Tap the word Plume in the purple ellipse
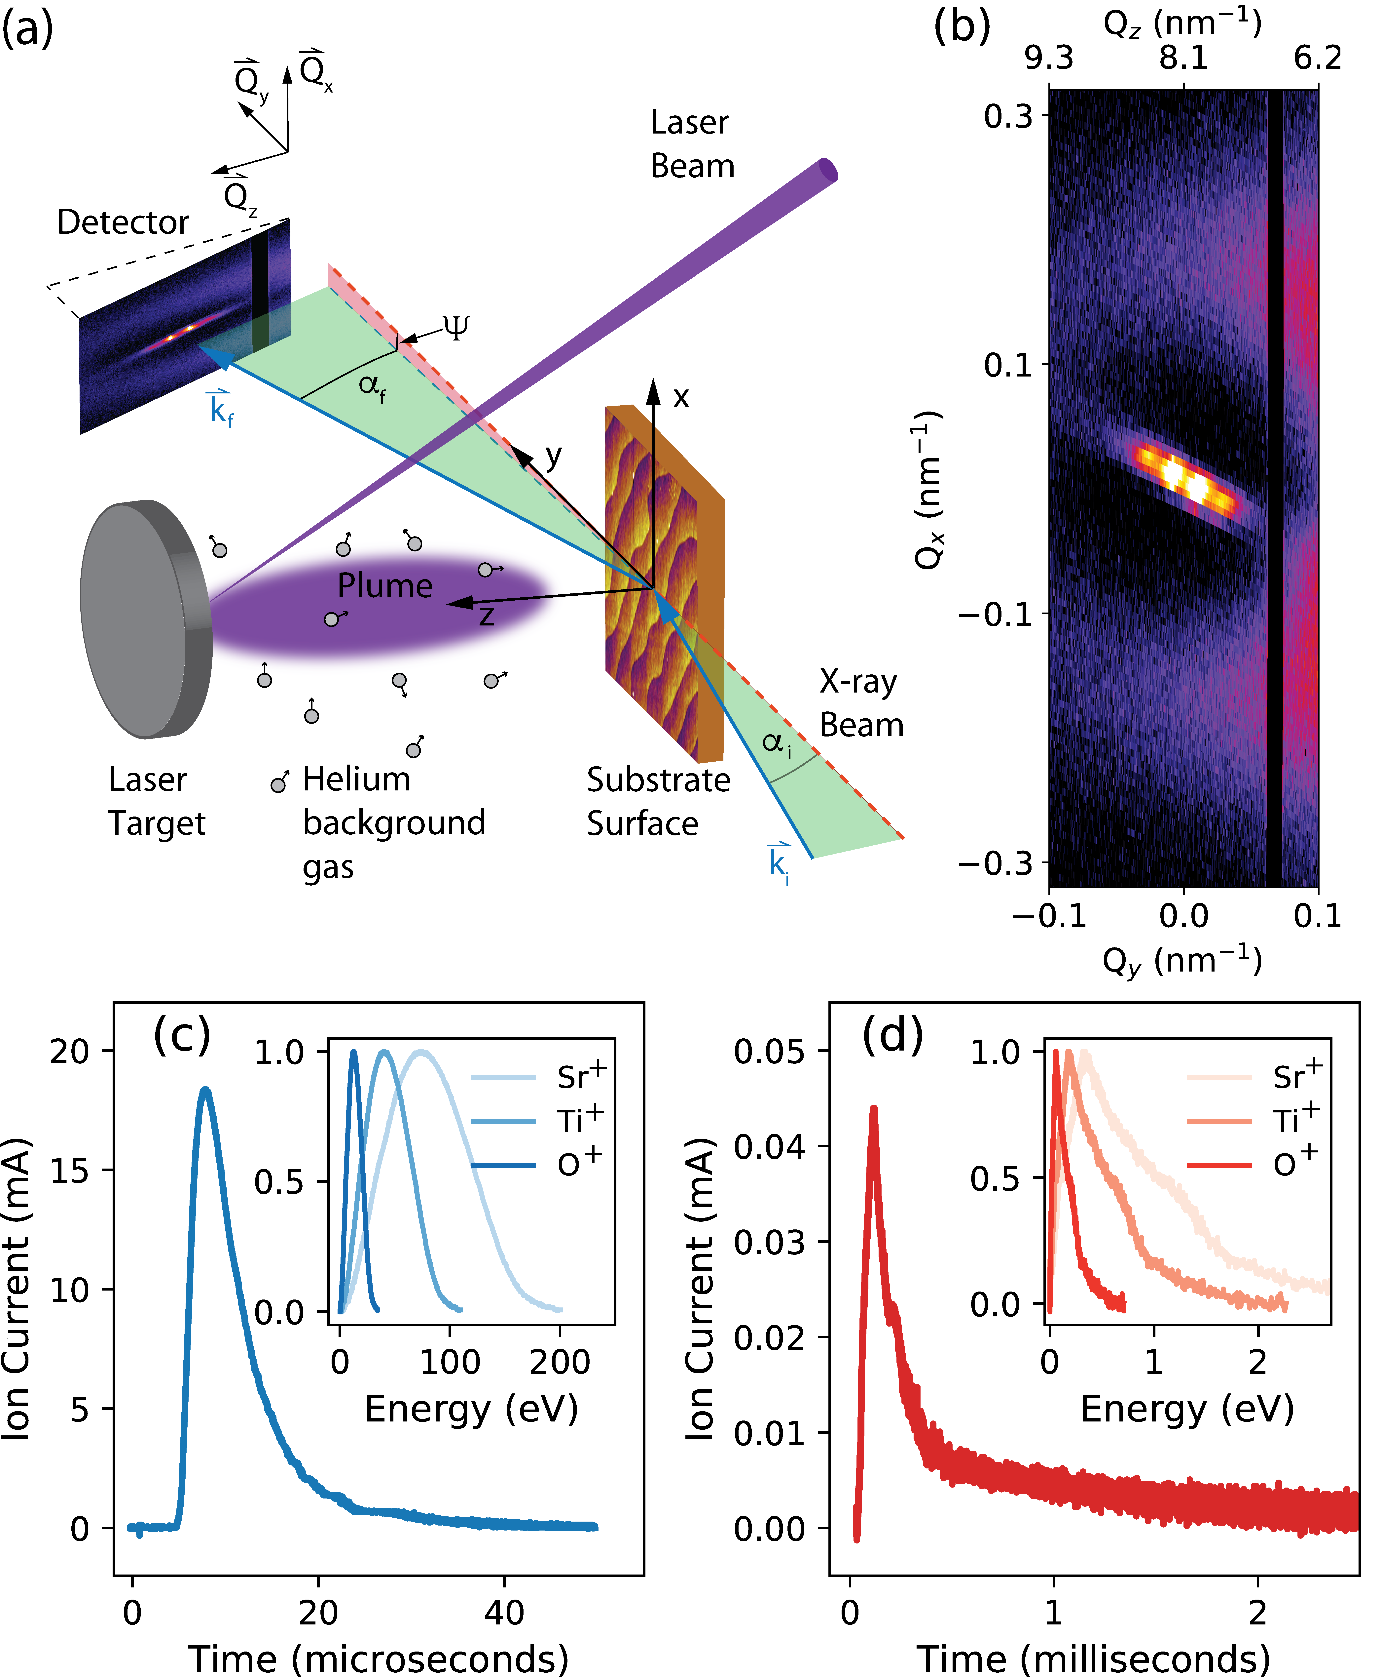(x=385, y=586)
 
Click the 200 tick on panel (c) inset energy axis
(x=560, y=1363)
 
